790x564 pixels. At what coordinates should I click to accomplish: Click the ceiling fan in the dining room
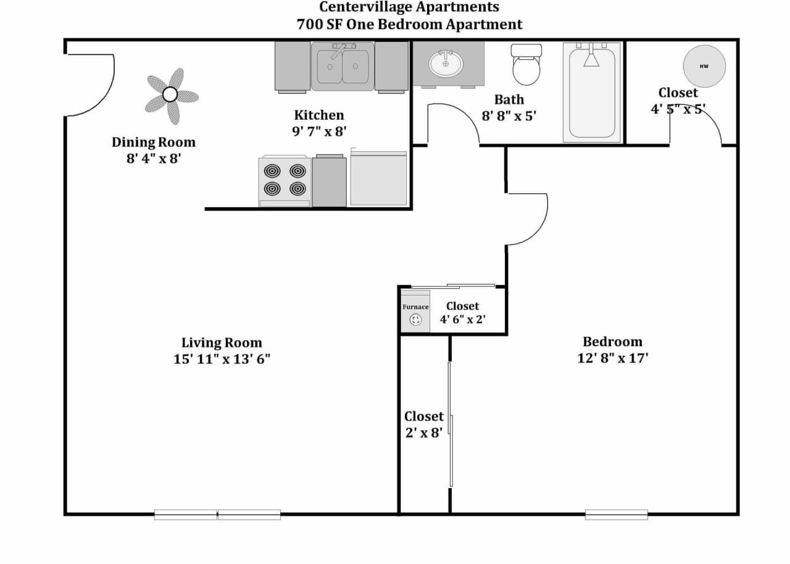(170, 95)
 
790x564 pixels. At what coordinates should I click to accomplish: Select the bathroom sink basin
(446, 64)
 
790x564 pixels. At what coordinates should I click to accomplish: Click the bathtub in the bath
(592, 93)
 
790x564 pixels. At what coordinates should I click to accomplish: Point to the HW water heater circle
(704, 66)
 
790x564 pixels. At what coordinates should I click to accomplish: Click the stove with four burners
(285, 180)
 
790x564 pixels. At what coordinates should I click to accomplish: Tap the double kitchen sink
(343, 66)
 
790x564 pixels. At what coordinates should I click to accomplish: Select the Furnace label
(415, 307)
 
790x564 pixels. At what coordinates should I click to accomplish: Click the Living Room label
(222, 342)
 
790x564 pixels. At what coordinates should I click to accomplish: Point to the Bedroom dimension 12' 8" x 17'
(613, 358)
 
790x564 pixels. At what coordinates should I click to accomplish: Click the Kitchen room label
(318, 115)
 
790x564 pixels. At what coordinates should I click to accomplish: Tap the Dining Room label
(153, 142)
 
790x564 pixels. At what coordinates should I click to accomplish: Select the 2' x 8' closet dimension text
(424, 433)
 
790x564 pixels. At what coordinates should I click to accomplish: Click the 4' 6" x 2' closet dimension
(462, 320)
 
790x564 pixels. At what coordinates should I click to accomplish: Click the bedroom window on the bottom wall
(616, 514)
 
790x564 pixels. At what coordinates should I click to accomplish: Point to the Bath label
(509, 99)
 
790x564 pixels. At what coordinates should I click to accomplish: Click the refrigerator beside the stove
(378, 179)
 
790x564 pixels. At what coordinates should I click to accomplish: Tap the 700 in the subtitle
(309, 25)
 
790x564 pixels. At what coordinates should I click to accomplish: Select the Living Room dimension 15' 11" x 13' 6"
(222, 359)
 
